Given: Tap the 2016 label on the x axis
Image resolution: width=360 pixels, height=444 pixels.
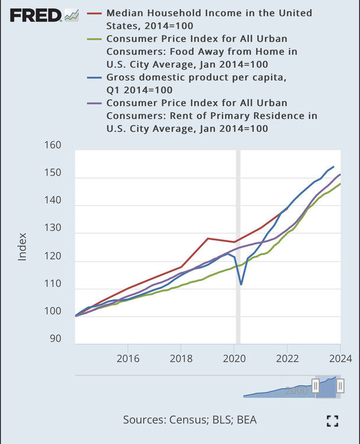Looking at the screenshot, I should click(x=128, y=358).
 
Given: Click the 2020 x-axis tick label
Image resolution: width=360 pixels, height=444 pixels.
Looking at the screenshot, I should click(x=234, y=358).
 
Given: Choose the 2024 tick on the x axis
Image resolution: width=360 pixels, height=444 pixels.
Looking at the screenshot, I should click(x=340, y=358).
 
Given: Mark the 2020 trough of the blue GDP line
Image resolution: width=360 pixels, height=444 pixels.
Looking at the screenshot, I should click(x=241, y=284).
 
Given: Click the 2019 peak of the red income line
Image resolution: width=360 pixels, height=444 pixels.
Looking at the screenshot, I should click(x=207, y=239).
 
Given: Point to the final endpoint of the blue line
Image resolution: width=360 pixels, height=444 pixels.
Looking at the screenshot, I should click(x=334, y=167).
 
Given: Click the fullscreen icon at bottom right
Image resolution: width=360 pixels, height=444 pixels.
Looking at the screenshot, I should click(x=333, y=420).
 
